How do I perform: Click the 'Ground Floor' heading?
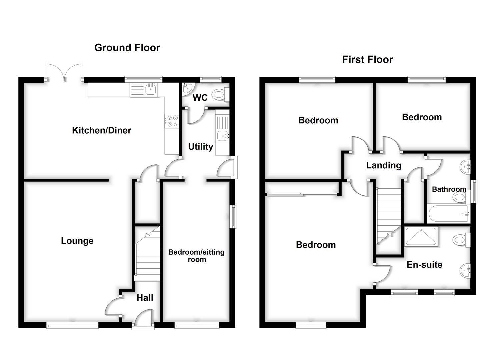click(127, 48)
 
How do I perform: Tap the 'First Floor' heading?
click(367, 60)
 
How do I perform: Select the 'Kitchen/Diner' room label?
click(102, 130)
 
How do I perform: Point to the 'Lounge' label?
click(77, 241)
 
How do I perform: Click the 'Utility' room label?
click(200, 147)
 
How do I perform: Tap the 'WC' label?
click(200, 98)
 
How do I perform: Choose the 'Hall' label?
click(145, 298)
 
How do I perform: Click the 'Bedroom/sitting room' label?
click(196, 256)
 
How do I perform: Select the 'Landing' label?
click(384, 165)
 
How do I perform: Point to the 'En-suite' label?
click(424, 265)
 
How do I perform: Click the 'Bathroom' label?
click(449, 189)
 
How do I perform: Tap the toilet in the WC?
click(220, 94)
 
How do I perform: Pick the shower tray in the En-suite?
click(421, 237)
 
